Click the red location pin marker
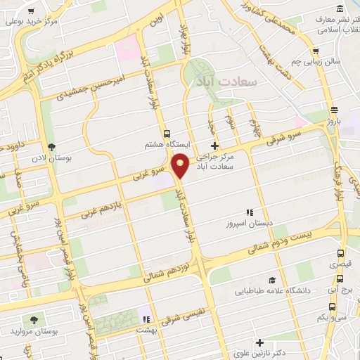[x=181, y=165]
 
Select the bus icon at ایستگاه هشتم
[x=167, y=133]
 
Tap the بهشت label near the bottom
[x=146, y=328]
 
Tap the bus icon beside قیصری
[x=340, y=254]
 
